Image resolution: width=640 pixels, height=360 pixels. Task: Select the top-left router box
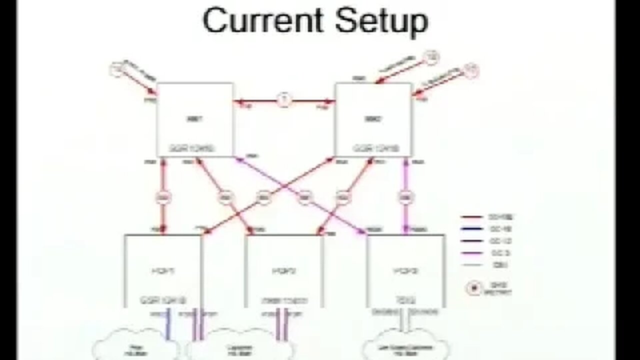click(x=194, y=120)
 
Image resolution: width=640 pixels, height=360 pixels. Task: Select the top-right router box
click(x=373, y=120)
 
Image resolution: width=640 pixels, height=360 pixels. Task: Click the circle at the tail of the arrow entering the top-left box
click(x=116, y=70)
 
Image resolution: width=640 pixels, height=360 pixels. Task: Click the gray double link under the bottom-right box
click(x=405, y=322)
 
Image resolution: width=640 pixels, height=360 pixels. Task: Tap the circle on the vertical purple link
click(x=405, y=198)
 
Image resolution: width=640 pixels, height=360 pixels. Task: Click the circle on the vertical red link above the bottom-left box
click(x=162, y=198)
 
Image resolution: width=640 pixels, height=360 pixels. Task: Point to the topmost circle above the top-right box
click(x=430, y=58)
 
